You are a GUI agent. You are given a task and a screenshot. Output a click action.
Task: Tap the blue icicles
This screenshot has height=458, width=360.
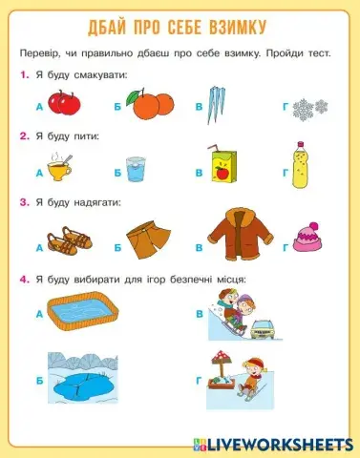point(226,102)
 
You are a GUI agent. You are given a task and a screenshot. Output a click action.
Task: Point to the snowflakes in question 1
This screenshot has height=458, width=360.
point(310,106)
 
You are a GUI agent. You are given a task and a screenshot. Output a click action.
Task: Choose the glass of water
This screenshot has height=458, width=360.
point(136,169)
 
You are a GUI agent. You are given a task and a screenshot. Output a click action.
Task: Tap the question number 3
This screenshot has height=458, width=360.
point(22,202)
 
